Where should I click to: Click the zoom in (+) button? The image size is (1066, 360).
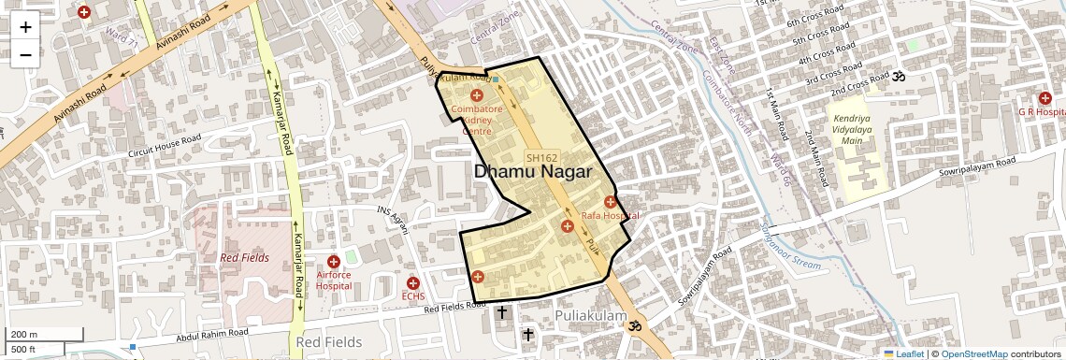(x=25, y=27)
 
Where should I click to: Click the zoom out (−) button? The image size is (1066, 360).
(x=25, y=54)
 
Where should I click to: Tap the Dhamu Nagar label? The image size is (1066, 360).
(x=533, y=171)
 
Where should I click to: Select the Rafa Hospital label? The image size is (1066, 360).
(x=611, y=216)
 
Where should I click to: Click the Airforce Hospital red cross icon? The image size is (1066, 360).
(x=333, y=262)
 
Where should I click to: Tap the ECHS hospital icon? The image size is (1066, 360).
(x=412, y=282)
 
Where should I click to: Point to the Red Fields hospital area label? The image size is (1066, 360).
(x=244, y=257)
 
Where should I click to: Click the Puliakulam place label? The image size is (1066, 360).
(x=590, y=316)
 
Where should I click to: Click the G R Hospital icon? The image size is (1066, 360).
(x=1044, y=98)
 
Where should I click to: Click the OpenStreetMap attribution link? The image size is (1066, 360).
(x=973, y=353)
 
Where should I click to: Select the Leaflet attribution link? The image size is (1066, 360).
(x=903, y=353)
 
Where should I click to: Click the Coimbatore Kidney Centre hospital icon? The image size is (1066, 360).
(x=477, y=95)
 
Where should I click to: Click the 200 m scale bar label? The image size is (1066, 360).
(x=24, y=334)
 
